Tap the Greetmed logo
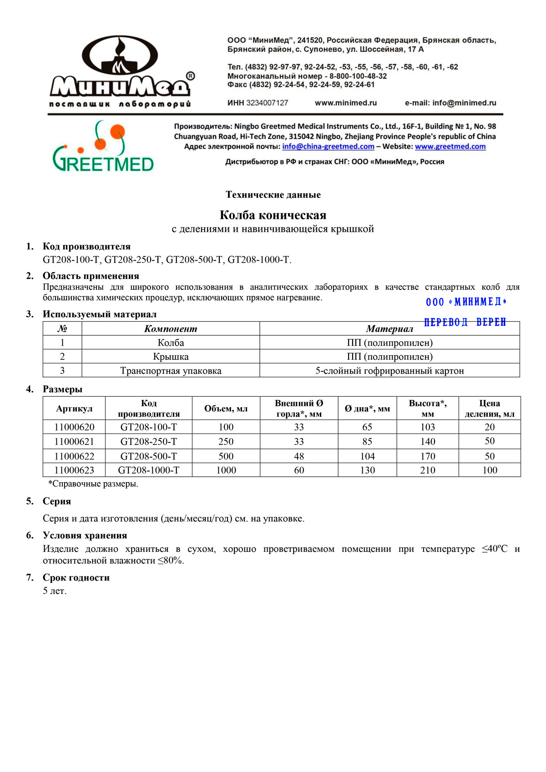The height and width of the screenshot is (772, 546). tap(103, 146)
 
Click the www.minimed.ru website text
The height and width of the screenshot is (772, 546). tap(346, 103)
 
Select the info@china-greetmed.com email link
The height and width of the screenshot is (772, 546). tap(328, 146)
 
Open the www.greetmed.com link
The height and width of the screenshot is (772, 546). tap(450, 146)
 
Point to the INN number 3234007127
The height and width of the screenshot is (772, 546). tap(267, 103)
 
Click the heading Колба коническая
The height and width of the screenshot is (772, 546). tap(273, 215)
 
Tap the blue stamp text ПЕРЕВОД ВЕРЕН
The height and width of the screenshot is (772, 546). tap(465, 322)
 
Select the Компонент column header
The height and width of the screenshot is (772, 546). tap(171, 328)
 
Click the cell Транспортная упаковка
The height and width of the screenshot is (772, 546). tap(171, 371)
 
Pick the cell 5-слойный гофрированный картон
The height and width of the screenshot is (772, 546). tap(389, 371)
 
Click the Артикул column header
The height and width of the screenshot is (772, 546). tap(74, 409)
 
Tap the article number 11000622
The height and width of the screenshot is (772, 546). tap(74, 456)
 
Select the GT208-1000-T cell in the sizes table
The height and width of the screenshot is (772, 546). tap(149, 470)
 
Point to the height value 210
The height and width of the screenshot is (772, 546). tap(428, 470)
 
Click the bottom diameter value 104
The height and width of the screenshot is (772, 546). tap(367, 456)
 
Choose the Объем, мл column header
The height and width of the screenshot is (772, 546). tap(226, 409)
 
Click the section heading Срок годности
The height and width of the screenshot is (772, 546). tap(76, 578)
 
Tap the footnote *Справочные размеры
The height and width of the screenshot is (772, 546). tap(93, 484)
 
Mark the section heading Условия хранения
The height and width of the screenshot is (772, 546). tap(85, 535)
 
